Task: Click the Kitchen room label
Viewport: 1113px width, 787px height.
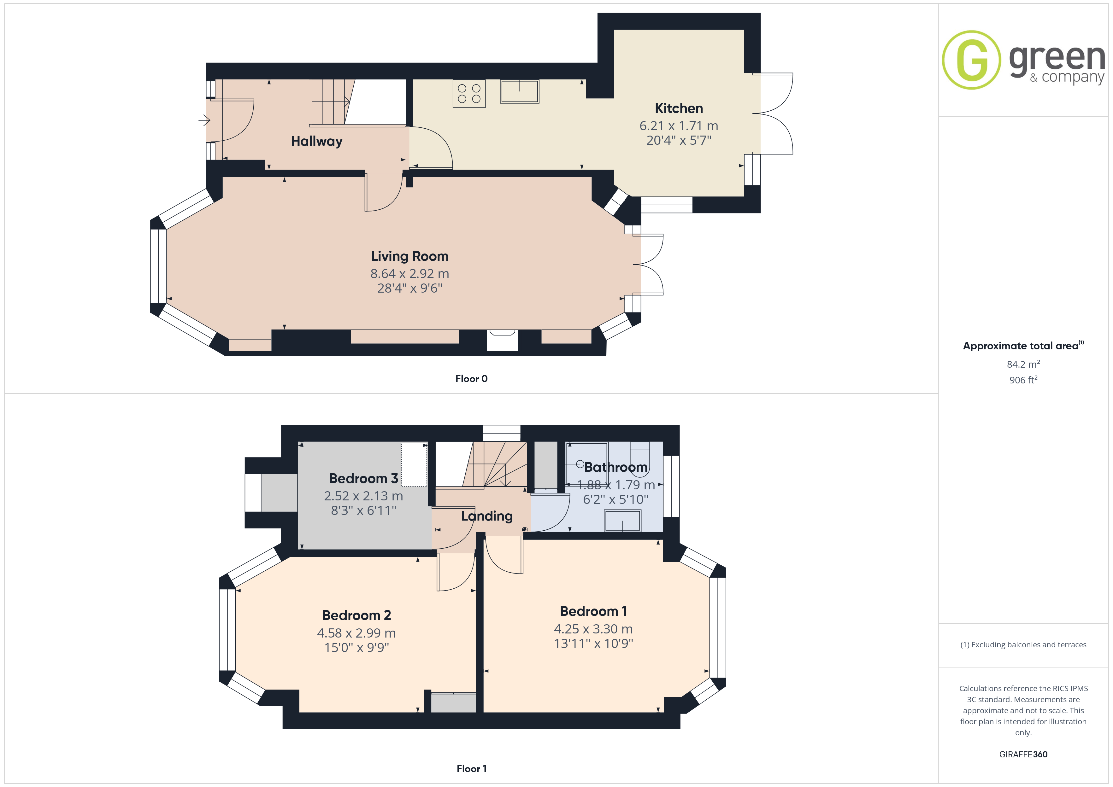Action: (679, 108)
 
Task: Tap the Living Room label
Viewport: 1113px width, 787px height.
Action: (409, 256)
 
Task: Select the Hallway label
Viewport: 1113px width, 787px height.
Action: (316, 142)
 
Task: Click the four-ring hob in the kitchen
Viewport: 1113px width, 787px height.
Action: (469, 94)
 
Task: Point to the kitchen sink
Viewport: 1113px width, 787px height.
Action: (519, 91)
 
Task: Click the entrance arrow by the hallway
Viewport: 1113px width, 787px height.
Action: (204, 120)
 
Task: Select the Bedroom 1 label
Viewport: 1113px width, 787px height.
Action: (593, 611)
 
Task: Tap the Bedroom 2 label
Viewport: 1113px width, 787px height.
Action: (356, 615)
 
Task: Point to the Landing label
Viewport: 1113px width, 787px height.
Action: (487, 516)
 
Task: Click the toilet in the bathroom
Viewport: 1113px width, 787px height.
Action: (640, 456)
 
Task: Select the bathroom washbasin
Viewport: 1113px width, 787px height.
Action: (622, 521)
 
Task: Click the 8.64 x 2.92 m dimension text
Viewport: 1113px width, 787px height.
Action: (409, 274)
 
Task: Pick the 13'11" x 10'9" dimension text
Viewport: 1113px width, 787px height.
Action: (593, 644)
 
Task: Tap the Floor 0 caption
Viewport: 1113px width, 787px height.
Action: (471, 379)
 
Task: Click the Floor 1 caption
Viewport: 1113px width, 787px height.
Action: (471, 769)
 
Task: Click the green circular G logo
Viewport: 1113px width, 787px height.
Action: (971, 60)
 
